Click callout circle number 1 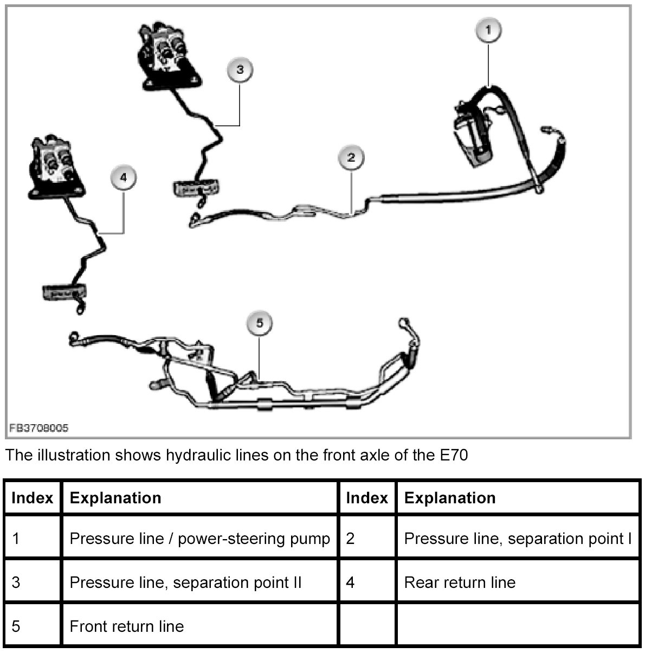coord(488,31)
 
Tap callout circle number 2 coord(351,157)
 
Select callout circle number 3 coord(240,69)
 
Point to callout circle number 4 coord(123,177)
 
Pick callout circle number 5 coord(259,324)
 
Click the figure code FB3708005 coord(38,428)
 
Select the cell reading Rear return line coord(460,582)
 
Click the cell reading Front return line coord(127,626)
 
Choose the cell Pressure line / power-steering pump coord(200,539)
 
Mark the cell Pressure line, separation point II coord(185,582)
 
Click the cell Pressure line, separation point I coord(518,539)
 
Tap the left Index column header coord(33,498)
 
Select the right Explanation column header coord(450,498)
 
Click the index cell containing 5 coord(16,626)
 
